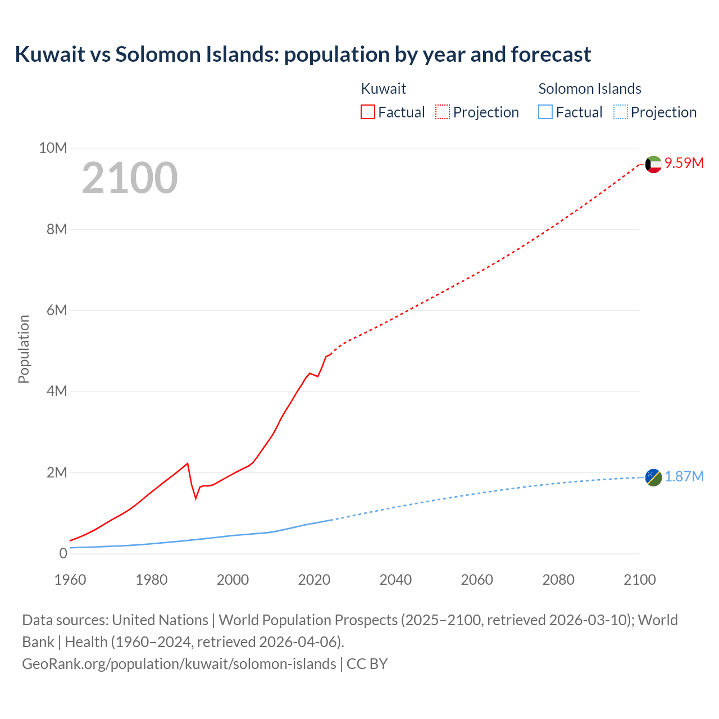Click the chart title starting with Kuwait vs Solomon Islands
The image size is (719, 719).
tap(303, 54)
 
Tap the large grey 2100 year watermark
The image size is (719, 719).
tap(130, 178)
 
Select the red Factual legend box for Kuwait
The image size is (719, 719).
tap(367, 112)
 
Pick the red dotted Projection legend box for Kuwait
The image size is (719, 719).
tap(443, 112)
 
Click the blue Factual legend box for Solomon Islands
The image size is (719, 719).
tap(545, 112)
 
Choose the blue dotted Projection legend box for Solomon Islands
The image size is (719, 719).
tap(620, 112)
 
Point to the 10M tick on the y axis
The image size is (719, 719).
tap(53, 148)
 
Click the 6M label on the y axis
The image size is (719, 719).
tap(57, 310)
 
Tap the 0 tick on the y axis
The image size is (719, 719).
tap(63, 553)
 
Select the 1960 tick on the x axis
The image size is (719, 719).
tap(70, 580)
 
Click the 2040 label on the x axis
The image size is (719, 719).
tap(395, 580)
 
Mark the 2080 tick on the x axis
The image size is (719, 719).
tap(558, 580)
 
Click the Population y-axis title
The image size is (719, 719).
tap(24, 349)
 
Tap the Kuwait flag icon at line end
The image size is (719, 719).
tap(653, 165)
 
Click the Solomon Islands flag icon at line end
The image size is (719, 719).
tap(653, 477)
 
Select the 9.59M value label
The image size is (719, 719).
tap(684, 163)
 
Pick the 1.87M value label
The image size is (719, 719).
tap(684, 477)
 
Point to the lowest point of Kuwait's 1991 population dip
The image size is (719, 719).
tap(196, 498)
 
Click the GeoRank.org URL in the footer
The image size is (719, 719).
tap(179, 664)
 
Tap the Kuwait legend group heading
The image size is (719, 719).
tap(383, 89)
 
